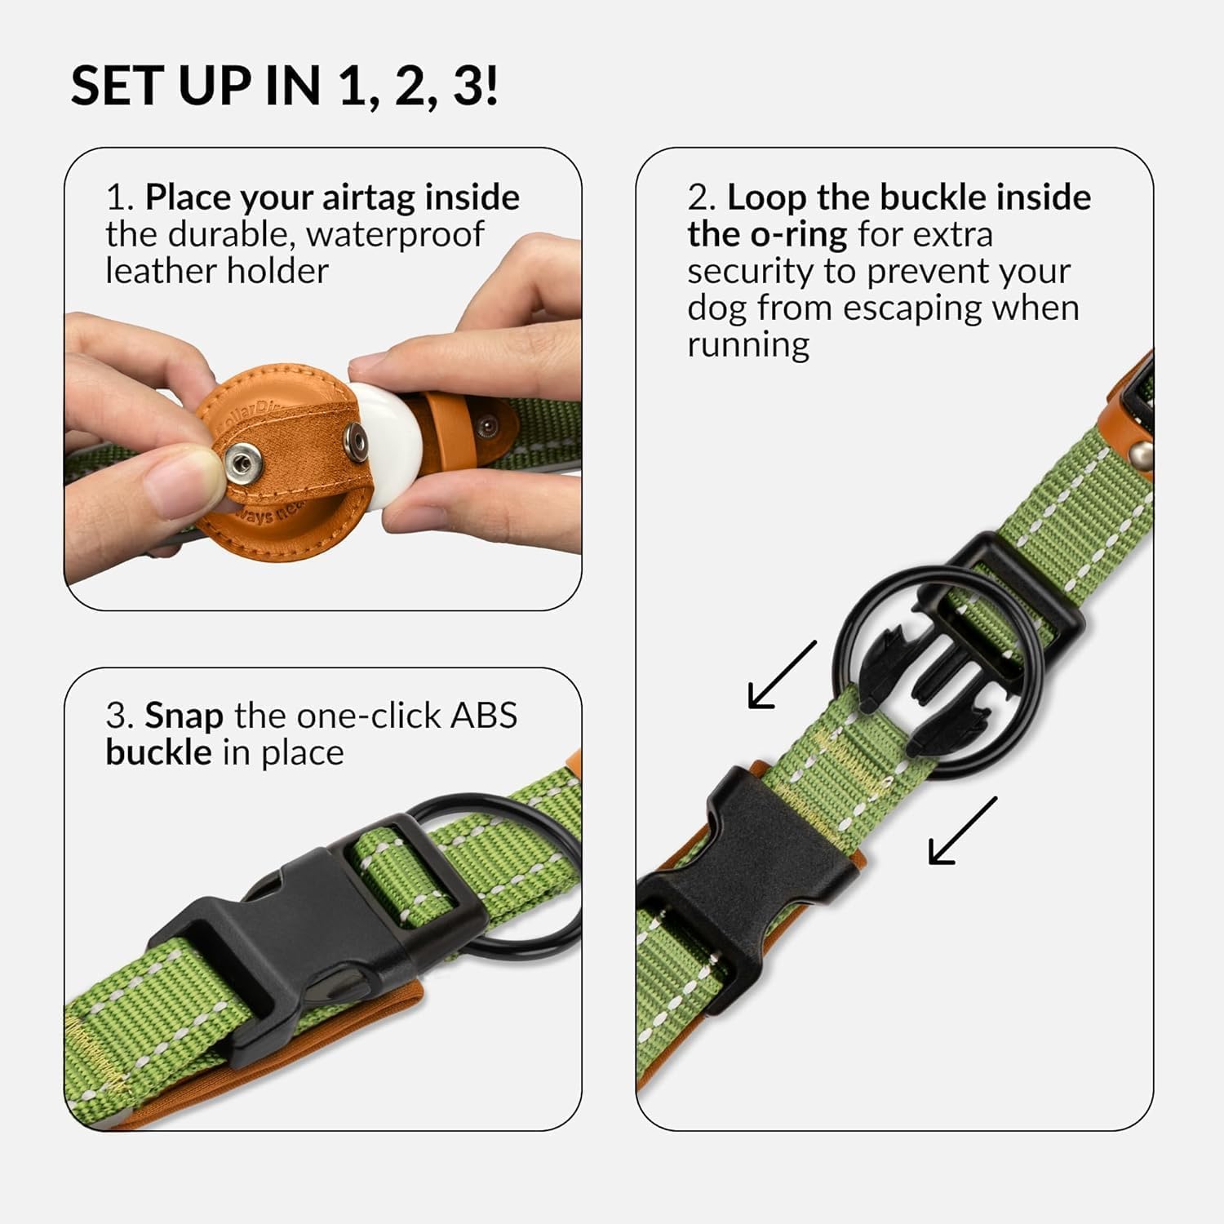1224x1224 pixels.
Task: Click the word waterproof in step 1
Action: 396,235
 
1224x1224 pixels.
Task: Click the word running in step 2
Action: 748,344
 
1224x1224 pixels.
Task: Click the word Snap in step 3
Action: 184,716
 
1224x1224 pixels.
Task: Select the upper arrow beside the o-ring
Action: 782,675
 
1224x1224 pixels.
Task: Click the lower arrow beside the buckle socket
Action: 963,831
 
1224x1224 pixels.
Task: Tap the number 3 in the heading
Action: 468,86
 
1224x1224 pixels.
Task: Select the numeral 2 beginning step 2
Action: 698,198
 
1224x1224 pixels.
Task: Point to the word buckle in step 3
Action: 158,752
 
